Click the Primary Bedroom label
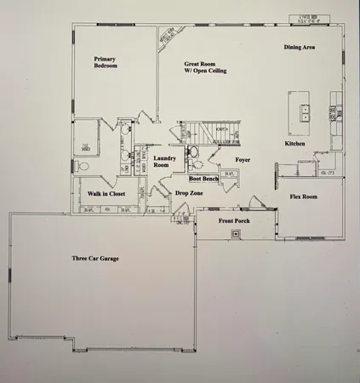pyautogui.click(x=106, y=62)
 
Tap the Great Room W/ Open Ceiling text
pyautogui.click(x=203, y=67)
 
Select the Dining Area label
pyautogui.click(x=300, y=47)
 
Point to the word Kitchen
pyautogui.click(x=294, y=144)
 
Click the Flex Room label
pyautogui.click(x=303, y=197)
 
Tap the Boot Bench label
pyautogui.click(x=204, y=179)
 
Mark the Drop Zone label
pyautogui.click(x=188, y=193)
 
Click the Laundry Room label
pyautogui.click(x=164, y=162)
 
